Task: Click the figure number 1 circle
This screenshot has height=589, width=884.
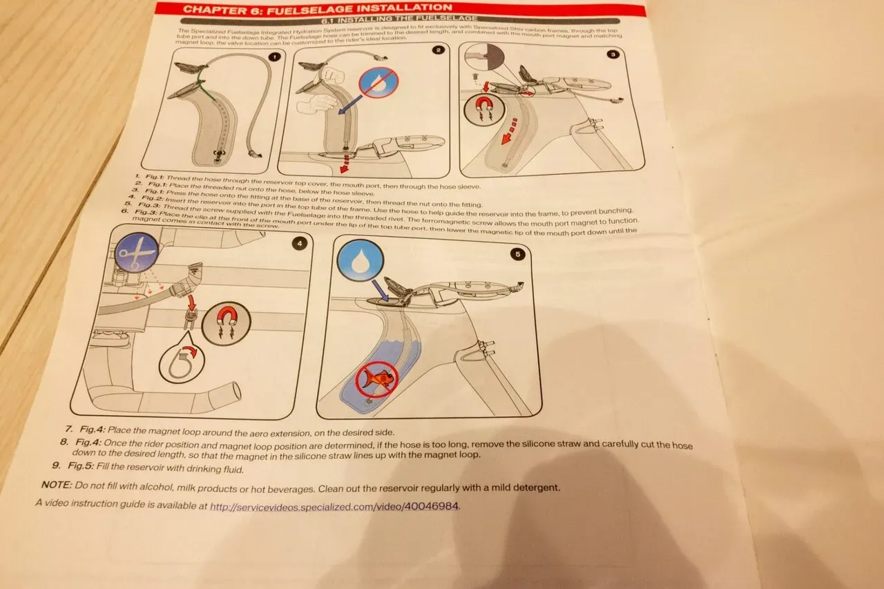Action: [x=273, y=57]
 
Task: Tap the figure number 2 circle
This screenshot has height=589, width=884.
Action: [x=437, y=50]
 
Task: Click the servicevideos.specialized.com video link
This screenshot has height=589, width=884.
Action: [x=334, y=505]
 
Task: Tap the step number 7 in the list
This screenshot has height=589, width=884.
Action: [x=68, y=429]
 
